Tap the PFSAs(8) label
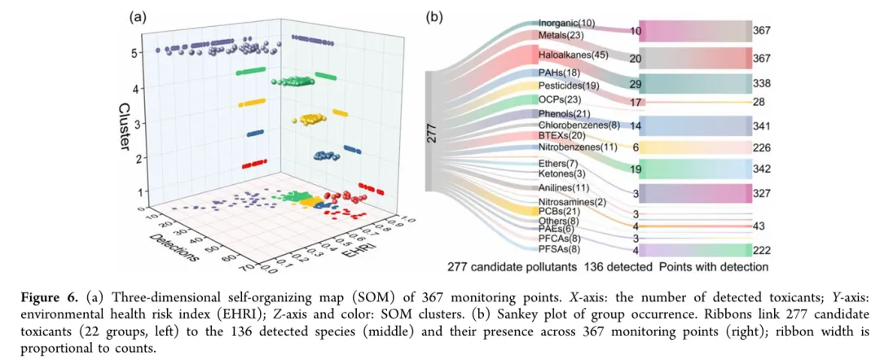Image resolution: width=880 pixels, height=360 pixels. coord(560,250)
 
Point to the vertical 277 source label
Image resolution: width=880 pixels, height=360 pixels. coord(432,134)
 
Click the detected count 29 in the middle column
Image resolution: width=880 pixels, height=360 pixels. coord(636,85)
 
